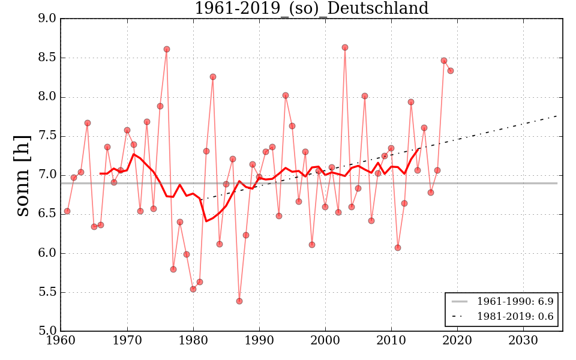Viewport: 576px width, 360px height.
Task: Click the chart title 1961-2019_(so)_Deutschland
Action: pos(311,9)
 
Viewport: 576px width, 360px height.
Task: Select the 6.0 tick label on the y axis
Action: pos(47,253)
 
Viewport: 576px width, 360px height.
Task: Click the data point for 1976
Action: pos(167,49)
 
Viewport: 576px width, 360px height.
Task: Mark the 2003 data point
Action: pos(345,47)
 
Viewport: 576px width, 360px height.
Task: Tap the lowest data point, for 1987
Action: pos(239,301)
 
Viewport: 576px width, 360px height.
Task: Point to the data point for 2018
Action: pos(444,61)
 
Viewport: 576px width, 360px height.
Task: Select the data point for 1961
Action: pos(67,211)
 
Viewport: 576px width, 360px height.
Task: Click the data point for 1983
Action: pos(213,77)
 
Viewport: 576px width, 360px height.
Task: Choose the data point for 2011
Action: pos(398,248)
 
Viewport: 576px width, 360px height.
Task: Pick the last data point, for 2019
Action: pos(451,71)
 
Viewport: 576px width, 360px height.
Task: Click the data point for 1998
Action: pos(312,245)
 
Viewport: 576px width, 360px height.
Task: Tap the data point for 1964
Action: pos(88,123)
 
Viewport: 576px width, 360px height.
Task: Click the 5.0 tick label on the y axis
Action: pos(47,331)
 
